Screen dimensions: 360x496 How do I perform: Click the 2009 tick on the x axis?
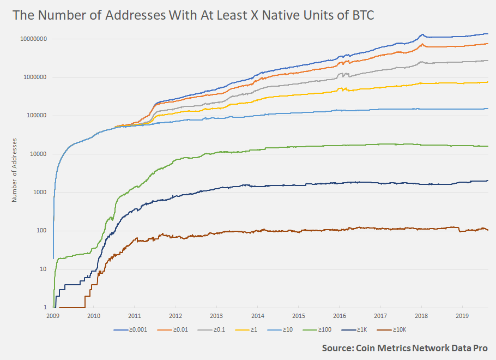(53, 316)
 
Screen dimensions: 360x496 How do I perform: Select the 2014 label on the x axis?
(258, 316)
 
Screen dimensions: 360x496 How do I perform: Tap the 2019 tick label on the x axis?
(462, 316)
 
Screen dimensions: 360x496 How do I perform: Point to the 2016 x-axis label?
(340, 316)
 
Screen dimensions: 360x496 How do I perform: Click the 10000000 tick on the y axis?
(34, 39)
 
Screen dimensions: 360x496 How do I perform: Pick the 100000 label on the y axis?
(37, 116)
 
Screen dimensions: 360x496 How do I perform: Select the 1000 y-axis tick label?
(40, 193)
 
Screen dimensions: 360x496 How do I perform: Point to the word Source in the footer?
(337, 348)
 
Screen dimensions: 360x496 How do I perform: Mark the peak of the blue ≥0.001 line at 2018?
(421, 34)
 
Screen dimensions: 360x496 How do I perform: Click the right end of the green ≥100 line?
(488, 146)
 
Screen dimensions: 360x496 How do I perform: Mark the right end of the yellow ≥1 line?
(488, 82)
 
